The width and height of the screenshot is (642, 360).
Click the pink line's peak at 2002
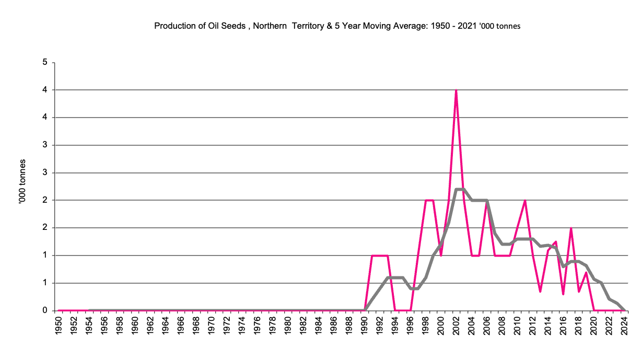click(456, 90)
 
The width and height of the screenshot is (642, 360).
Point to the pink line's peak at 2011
click(525, 201)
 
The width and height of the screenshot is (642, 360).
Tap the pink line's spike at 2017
click(571, 228)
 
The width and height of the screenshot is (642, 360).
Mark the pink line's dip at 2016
click(563, 294)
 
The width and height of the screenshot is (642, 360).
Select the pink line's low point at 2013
click(540, 291)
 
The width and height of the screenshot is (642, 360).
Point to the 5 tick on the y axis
click(45, 63)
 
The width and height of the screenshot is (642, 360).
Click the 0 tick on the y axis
click(45, 311)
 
